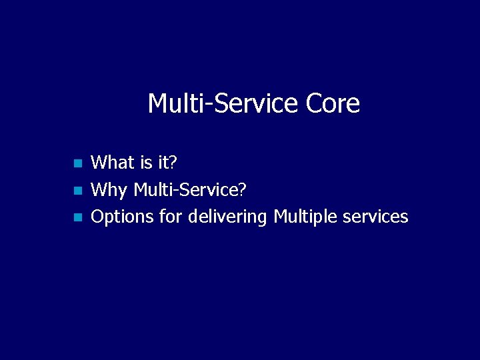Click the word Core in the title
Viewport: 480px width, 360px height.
click(x=333, y=104)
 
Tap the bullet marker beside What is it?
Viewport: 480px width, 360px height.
click(x=77, y=163)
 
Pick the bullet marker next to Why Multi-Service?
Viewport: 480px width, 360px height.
click(x=77, y=190)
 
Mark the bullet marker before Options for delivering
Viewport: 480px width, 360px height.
click(x=77, y=217)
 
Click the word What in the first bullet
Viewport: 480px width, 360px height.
click(x=113, y=162)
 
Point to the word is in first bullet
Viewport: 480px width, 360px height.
click(x=147, y=162)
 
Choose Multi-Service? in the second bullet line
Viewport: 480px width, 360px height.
click(x=190, y=190)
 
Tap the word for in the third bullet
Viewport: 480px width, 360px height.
click(x=171, y=217)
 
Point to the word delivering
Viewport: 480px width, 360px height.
click(x=228, y=217)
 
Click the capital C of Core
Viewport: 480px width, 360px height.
click(x=314, y=104)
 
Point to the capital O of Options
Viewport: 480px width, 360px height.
click(x=97, y=217)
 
